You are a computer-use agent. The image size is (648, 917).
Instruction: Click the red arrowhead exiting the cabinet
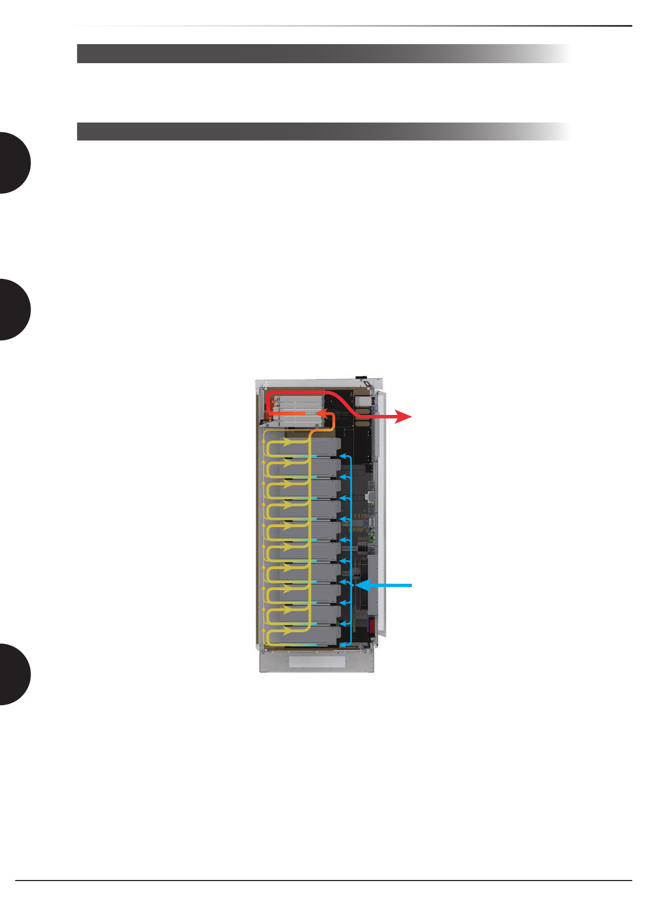[x=404, y=417]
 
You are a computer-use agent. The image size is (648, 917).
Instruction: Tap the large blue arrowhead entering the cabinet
[x=362, y=585]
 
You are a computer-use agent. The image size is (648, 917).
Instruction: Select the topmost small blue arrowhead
[x=342, y=455]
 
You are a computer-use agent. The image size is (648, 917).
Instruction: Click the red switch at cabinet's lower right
[x=372, y=625]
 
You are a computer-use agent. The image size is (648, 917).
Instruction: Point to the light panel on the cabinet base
[x=317, y=662]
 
